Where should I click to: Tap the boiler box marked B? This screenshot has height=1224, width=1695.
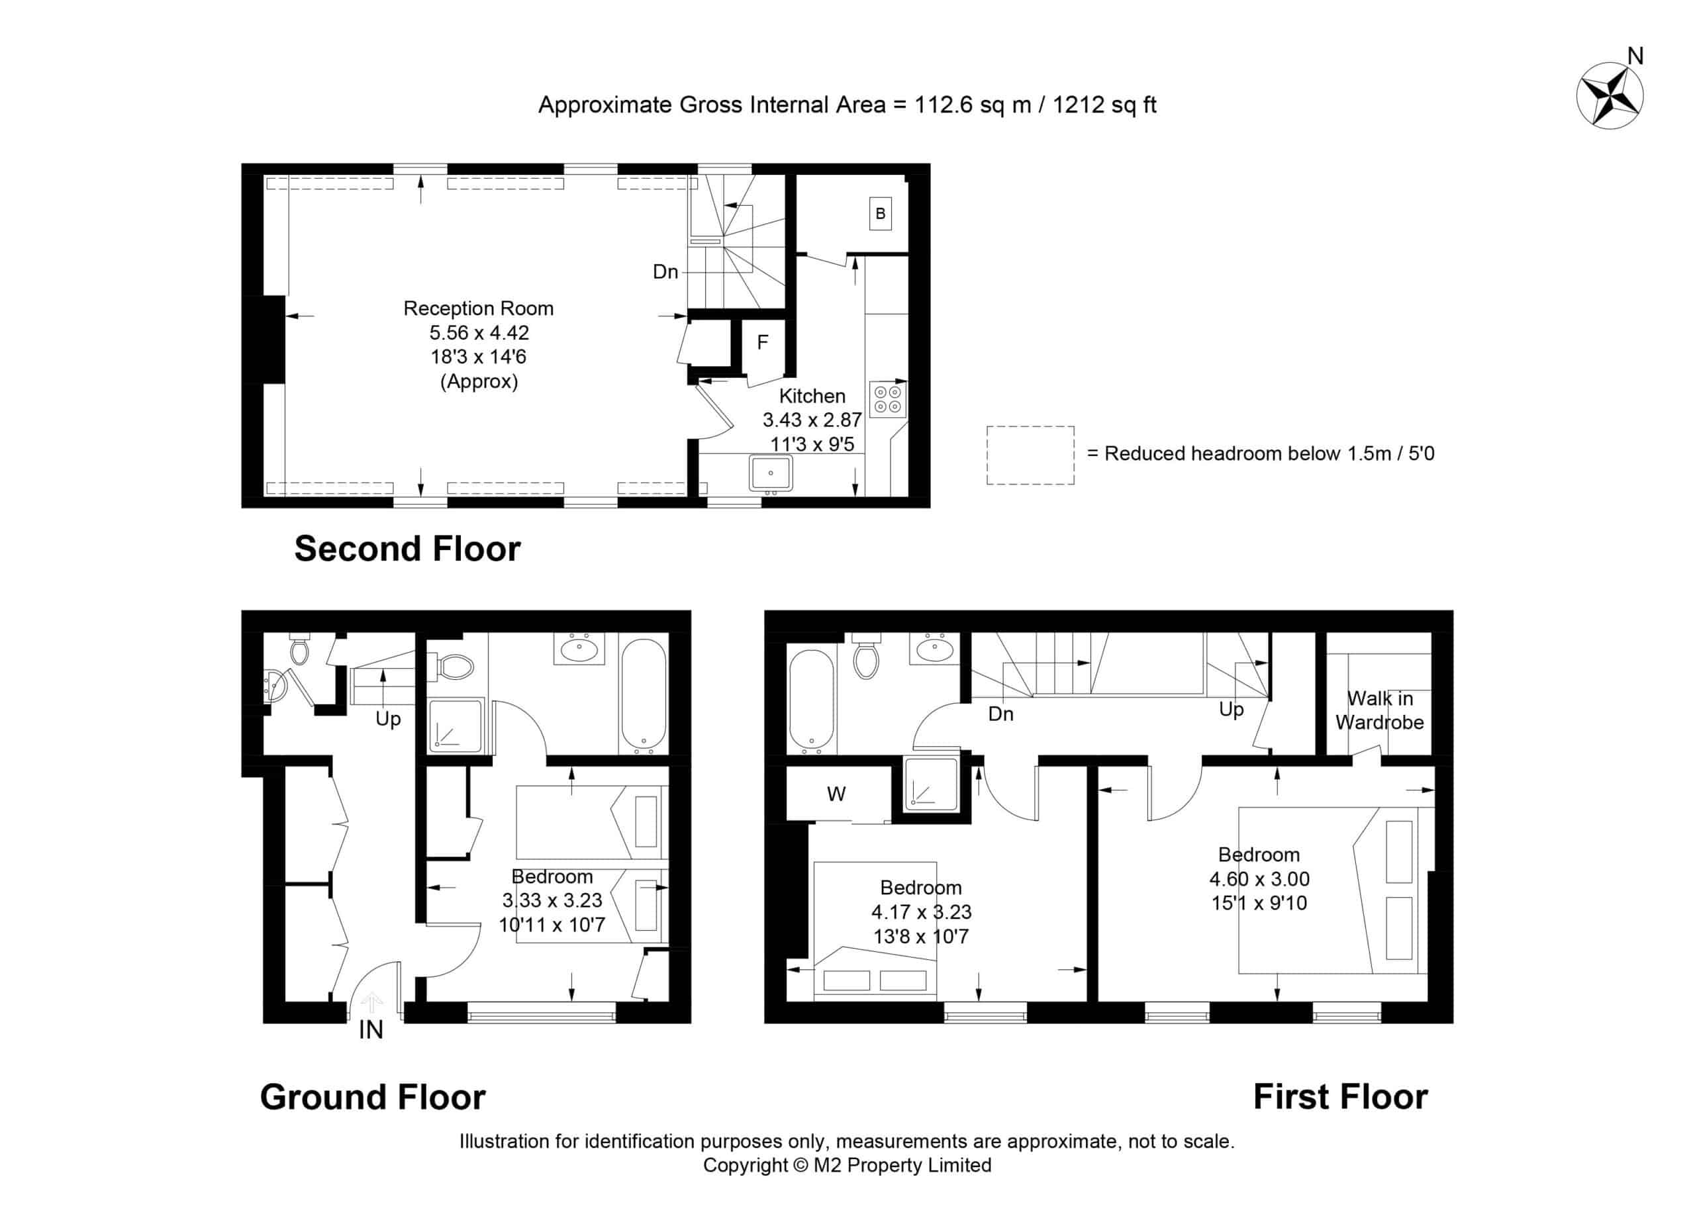click(880, 214)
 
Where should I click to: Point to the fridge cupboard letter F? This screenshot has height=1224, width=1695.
click(762, 342)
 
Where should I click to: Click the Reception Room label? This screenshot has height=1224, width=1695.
click(478, 308)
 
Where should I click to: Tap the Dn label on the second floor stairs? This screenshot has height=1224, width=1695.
click(665, 271)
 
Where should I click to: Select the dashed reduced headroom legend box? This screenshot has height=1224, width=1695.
click(1030, 455)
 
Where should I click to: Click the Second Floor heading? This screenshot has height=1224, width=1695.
click(407, 549)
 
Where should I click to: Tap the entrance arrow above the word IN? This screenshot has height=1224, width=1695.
click(371, 1002)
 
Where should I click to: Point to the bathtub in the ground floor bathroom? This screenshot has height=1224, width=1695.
click(643, 695)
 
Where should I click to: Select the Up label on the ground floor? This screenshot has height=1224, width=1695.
click(388, 719)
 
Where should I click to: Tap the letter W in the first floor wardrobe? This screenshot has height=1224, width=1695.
click(836, 794)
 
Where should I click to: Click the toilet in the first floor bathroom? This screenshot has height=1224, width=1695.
click(865, 655)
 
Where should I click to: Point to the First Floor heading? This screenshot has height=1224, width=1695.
click(1340, 1096)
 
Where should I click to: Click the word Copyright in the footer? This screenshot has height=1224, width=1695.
click(745, 1165)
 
